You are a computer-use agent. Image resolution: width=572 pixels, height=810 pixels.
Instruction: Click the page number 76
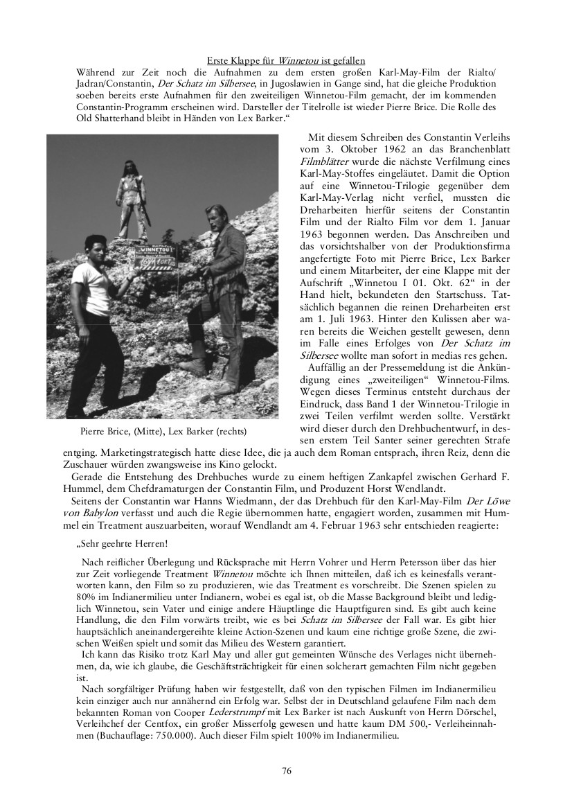[x=286, y=771]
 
